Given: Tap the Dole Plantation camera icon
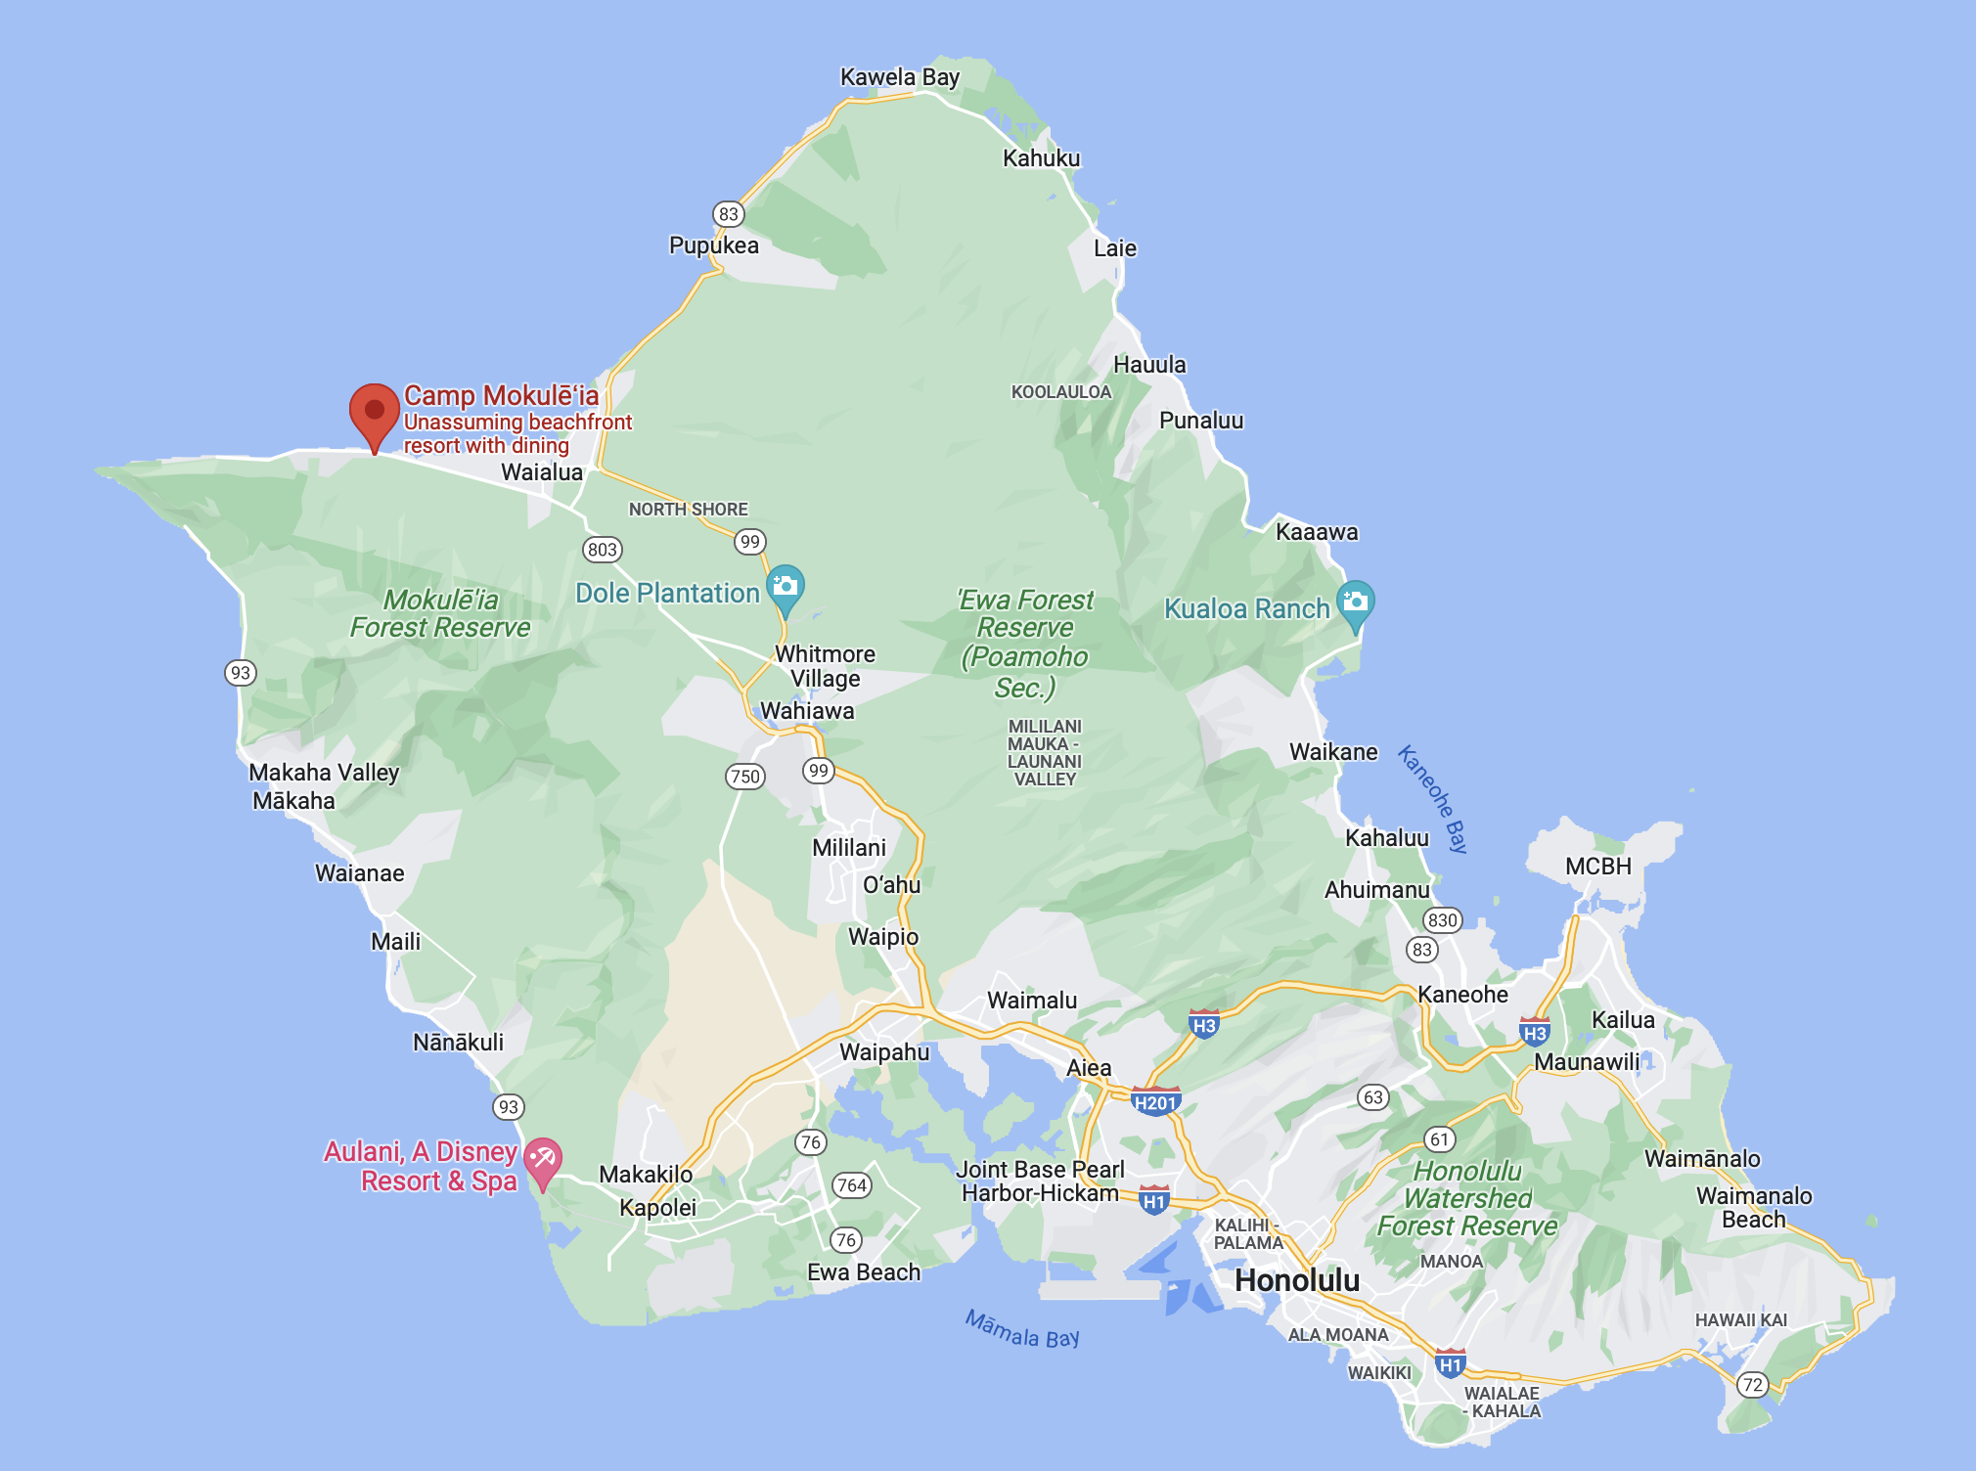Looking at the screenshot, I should [x=785, y=587].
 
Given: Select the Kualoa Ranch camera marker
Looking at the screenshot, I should [x=1355, y=602].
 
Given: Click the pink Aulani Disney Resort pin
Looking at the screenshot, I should [x=543, y=1159].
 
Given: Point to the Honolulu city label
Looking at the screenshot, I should [x=1296, y=1280].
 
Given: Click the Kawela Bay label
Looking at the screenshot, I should [x=899, y=77].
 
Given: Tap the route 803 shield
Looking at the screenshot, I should [x=603, y=550].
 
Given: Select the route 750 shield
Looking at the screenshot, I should [x=745, y=777].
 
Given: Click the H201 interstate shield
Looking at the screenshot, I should [x=1154, y=1103].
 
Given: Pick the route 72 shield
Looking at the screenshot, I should [x=1753, y=1385].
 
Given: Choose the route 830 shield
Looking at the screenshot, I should [x=1443, y=919].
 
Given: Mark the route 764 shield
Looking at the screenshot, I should [x=851, y=1185].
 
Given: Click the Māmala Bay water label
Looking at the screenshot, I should [x=1022, y=1329].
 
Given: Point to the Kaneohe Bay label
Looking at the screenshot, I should [x=1433, y=798].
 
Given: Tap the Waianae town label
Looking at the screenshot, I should [x=359, y=873].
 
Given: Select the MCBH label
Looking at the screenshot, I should [x=1597, y=867].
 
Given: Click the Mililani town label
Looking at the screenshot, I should [x=848, y=848].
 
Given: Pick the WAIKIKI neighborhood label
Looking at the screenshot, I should [x=1379, y=1373].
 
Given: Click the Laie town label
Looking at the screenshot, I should [x=1114, y=248].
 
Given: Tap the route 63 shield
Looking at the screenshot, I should [x=1373, y=1097].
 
